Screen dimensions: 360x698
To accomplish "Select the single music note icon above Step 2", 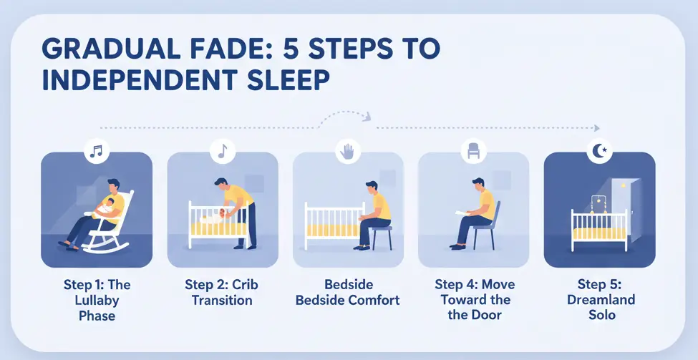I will pos(222,151).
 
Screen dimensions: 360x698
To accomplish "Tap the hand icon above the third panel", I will pos(348,151).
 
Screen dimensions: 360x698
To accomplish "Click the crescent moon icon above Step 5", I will pos(600,151).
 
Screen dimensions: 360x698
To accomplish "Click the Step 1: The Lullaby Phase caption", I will pos(96,300).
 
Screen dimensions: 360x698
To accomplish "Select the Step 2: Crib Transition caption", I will pos(222,292).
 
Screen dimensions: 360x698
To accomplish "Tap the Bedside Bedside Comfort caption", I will pos(348,292).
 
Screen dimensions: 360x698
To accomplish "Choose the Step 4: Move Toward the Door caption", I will pos(474,300).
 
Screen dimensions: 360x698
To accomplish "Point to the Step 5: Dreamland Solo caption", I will pos(600,300).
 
